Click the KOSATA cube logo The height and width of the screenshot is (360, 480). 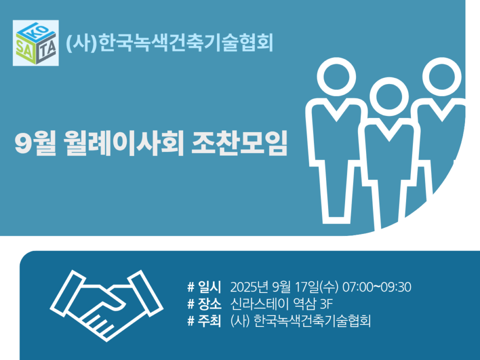click(x=35, y=43)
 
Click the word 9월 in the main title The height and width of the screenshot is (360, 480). click(x=35, y=143)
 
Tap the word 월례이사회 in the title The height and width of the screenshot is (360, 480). click(x=123, y=143)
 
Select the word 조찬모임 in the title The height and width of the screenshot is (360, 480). click(x=239, y=143)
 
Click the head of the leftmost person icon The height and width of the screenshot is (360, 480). click(x=336, y=76)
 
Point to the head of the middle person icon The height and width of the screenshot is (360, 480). click(x=389, y=96)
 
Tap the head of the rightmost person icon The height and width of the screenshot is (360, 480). click(x=441, y=76)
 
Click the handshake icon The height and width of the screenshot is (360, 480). click(x=106, y=305)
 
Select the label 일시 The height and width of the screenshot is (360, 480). click(x=209, y=287)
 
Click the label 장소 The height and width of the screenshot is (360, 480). click(x=209, y=304)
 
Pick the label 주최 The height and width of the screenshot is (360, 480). click(x=209, y=321)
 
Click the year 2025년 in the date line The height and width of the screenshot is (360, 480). click(x=249, y=287)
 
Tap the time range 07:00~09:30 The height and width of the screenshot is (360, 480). click(x=376, y=287)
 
